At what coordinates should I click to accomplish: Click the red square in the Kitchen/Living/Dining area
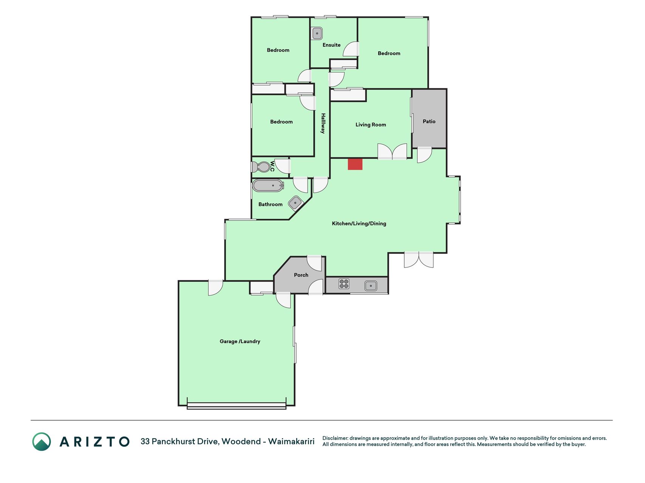[355, 164]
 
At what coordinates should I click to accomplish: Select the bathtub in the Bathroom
[268, 185]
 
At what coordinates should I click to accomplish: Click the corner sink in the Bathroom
[295, 203]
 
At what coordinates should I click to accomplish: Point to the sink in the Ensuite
[317, 33]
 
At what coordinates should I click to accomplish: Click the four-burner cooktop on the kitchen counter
[344, 283]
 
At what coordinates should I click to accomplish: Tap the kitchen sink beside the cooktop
[371, 286]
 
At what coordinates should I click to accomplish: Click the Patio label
[429, 121]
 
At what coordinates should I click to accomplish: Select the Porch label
[301, 275]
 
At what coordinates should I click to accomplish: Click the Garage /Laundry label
[240, 341]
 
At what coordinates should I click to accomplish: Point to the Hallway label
[323, 123]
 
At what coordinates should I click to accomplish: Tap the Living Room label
[371, 125]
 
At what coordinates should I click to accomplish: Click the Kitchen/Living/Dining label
[359, 223]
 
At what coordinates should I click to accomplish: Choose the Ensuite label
[331, 45]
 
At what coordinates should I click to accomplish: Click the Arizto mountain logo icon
[42, 441]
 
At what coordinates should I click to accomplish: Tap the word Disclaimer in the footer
[335, 438]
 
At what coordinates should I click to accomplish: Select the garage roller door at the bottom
[237, 406]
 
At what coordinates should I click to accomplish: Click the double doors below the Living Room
[392, 151]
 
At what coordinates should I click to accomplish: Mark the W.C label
[272, 166]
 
